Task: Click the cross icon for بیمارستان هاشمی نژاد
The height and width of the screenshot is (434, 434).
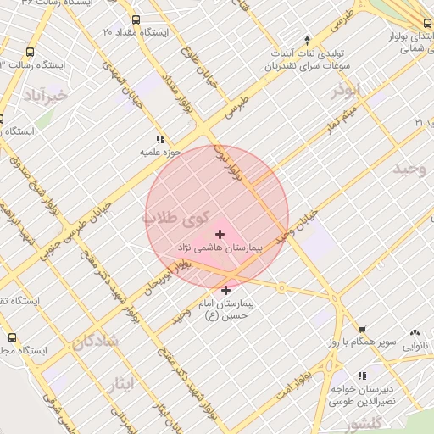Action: [x=220, y=233]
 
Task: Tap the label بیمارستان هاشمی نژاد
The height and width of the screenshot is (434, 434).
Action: [x=220, y=248]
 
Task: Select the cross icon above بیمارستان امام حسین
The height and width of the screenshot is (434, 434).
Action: [x=225, y=290]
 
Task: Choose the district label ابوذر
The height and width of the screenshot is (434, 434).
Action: [x=347, y=91]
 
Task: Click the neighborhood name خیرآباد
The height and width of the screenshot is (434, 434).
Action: [x=45, y=93]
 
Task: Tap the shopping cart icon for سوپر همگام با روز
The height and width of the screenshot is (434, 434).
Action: [x=362, y=329]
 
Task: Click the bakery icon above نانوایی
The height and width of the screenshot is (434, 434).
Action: [x=415, y=333]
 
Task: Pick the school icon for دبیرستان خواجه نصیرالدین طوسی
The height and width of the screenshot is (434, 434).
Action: [x=363, y=375]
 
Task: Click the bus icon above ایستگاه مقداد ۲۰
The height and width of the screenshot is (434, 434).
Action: [x=136, y=19]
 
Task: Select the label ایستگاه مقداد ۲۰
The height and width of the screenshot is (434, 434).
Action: [x=136, y=31]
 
